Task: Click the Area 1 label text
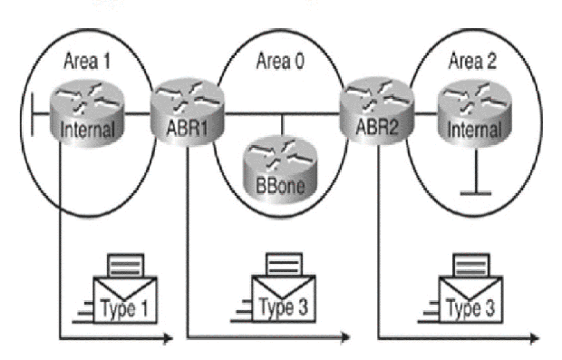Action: click(x=87, y=61)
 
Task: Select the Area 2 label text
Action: click(x=474, y=61)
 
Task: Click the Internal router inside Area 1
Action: click(x=87, y=114)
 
